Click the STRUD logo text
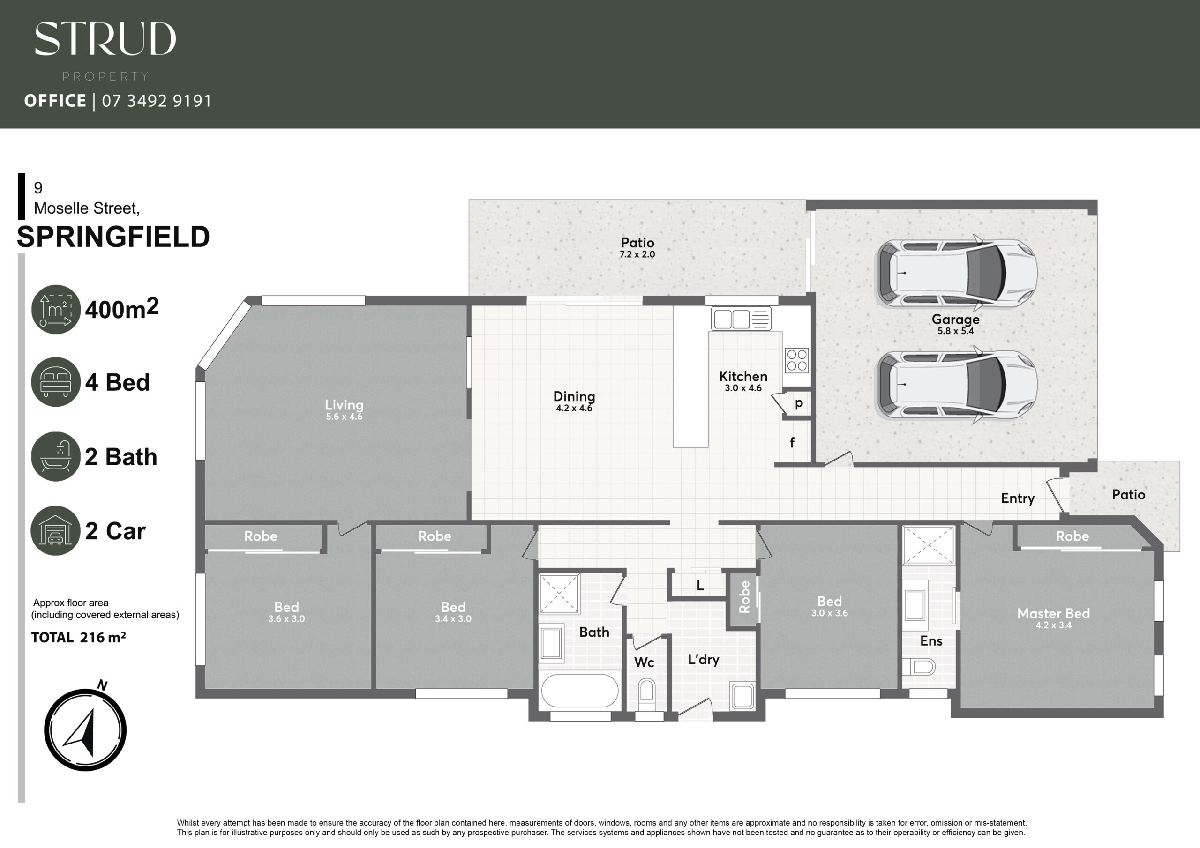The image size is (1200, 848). tap(105, 39)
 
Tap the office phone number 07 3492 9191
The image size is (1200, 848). tap(157, 100)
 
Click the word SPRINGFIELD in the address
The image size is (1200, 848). tap(113, 237)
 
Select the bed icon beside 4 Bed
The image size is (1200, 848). tap(56, 381)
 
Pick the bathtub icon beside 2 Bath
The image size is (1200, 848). tap(56, 456)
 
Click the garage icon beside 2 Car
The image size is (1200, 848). tap(56, 530)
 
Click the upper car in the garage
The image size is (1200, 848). tap(956, 273)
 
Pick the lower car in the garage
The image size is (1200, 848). tap(956, 385)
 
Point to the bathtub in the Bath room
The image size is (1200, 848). tap(580, 690)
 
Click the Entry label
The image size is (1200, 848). tap(1018, 498)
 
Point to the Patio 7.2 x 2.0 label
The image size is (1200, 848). tap(637, 247)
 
